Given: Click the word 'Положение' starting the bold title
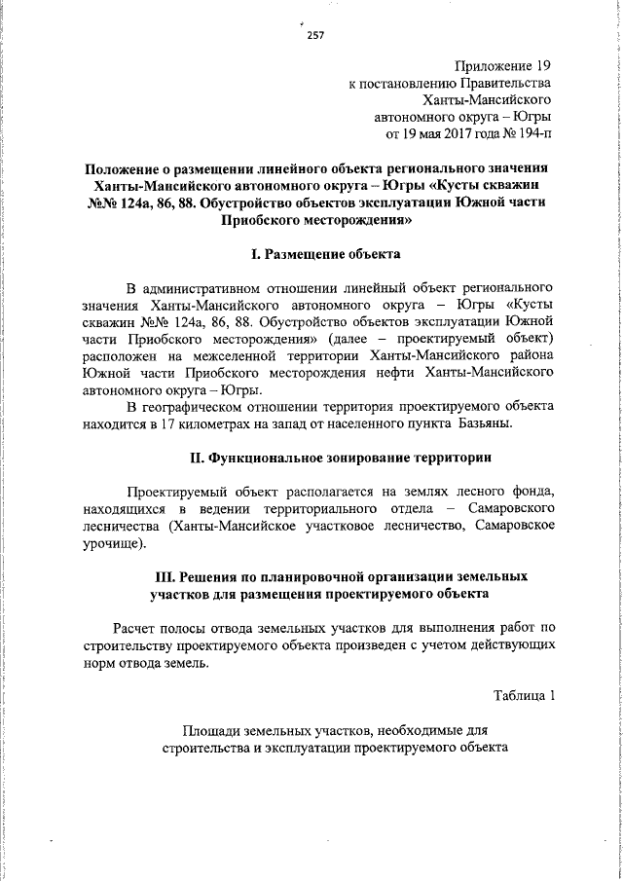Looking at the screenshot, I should [122, 166].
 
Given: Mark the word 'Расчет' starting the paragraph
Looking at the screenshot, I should [136, 626].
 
